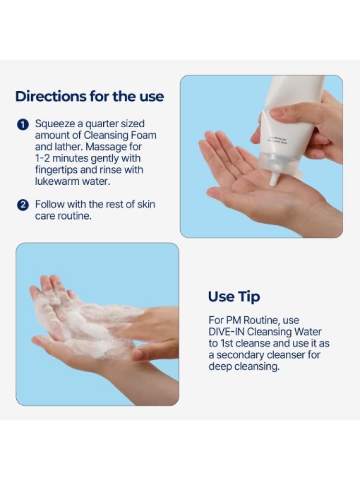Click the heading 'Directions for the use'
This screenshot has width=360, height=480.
point(89,96)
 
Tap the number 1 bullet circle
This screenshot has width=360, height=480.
point(23,125)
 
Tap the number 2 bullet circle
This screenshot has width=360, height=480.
point(23,205)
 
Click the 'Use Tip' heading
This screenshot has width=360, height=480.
point(234,297)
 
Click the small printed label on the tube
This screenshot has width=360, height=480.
point(277,141)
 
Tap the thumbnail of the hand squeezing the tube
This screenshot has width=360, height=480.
point(262,156)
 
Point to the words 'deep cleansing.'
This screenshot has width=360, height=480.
point(244,367)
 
